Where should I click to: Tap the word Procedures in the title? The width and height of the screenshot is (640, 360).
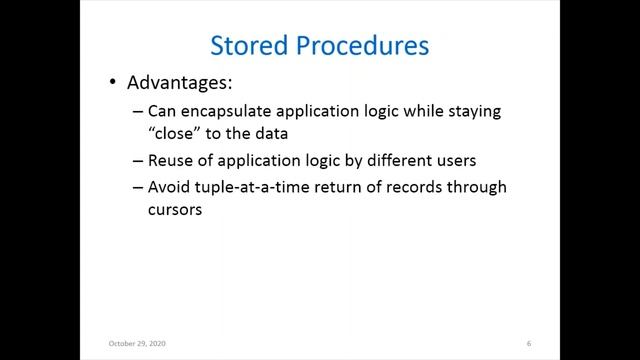[x=364, y=46]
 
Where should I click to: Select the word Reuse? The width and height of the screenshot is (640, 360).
[x=169, y=162]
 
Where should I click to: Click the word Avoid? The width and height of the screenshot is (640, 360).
[x=168, y=187]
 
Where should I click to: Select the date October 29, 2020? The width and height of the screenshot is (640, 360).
[x=136, y=344]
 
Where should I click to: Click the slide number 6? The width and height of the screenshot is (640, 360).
[x=528, y=344]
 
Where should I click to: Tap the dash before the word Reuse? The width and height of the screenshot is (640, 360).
[x=137, y=162]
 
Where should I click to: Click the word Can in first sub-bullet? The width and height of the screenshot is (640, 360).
[x=160, y=112]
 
